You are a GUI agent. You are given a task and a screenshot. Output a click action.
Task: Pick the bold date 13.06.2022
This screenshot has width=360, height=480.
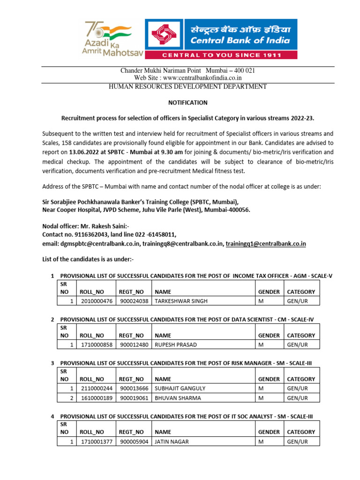pyautogui.click(x=85, y=152)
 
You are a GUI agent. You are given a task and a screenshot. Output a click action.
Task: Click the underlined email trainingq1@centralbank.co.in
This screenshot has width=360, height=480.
pyautogui.click(x=266, y=244)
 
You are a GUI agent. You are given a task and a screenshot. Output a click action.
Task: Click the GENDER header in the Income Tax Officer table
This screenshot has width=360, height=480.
pyautogui.click(x=269, y=292)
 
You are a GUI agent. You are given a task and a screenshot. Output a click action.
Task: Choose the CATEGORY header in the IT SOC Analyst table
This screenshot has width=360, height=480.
pyautogui.click(x=301, y=432)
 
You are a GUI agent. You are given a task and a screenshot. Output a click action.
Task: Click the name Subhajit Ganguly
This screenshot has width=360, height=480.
pyautogui.click(x=180, y=388)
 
